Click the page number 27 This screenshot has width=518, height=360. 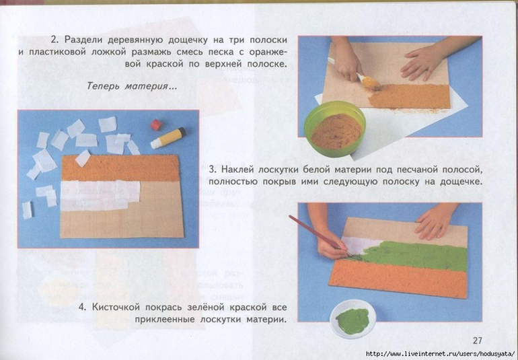click(x=478, y=340)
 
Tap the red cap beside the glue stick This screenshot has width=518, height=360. click(x=156, y=124)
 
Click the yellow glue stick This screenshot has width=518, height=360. click(x=168, y=137)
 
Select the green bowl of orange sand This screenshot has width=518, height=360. click(x=334, y=129)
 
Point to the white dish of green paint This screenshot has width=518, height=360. click(x=353, y=319)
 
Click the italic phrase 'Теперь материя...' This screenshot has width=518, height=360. click(x=132, y=87)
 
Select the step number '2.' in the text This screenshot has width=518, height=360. click(x=54, y=40)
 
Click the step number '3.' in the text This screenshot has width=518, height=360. click(x=212, y=170)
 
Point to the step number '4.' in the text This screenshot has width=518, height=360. click(x=83, y=308)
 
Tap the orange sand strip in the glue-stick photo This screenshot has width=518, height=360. click(x=120, y=168)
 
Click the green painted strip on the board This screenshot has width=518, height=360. click(x=413, y=256)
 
